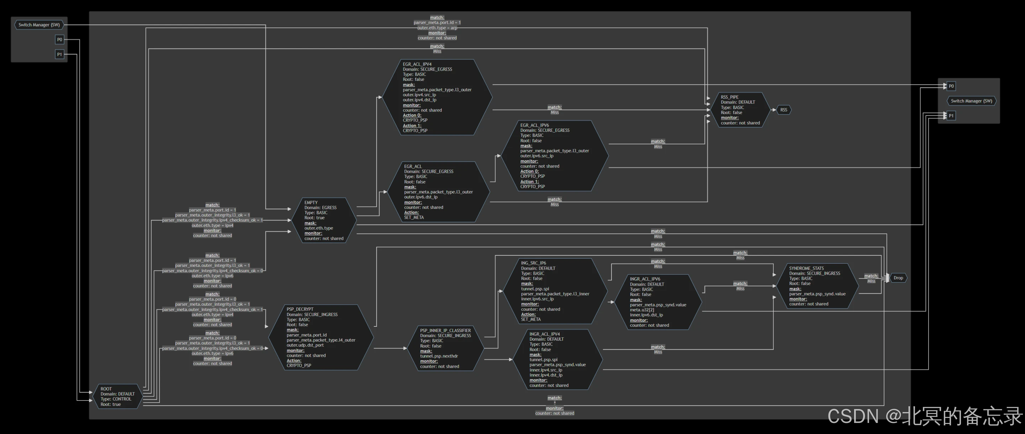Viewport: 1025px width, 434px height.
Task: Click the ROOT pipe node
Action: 118,397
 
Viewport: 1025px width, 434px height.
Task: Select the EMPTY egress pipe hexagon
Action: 324,221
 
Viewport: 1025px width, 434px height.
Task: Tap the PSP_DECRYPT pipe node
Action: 321,337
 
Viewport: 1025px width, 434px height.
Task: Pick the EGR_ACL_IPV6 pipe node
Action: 554,156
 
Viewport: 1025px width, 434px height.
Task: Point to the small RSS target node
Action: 783,110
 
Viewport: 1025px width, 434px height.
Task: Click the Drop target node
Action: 898,278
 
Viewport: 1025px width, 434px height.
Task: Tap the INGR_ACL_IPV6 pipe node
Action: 658,302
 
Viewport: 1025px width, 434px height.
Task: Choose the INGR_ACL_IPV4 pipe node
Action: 557,360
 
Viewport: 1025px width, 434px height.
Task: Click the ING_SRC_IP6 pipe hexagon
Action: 555,291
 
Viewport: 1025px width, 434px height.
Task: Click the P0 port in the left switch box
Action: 59,40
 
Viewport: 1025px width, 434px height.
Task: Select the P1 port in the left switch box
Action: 59,54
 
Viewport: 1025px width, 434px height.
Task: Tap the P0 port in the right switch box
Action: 951,86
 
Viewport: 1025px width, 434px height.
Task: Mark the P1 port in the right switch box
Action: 951,115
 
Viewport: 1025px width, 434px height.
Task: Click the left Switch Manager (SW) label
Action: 39,25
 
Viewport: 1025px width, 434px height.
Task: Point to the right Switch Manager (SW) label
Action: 971,101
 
